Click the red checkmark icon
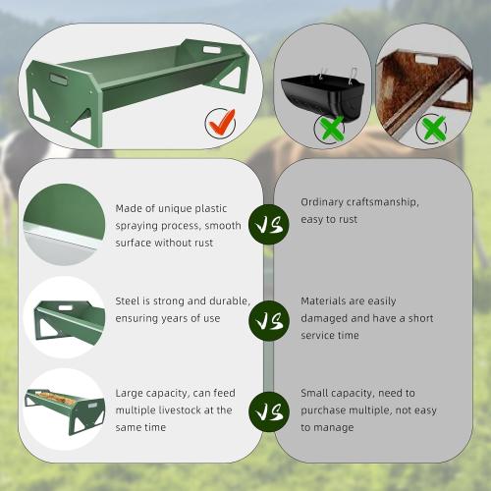(x=222, y=122)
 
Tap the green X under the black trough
(x=332, y=128)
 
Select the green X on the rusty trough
(x=433, y=128)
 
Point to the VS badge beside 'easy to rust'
(x=269, y=225)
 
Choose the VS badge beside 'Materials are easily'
(x=269, y=320)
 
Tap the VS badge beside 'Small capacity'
(x=269, y=411)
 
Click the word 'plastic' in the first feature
(x=210, y=209)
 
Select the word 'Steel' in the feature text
(x=128, y=300)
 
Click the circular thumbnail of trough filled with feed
(x=65, y=409)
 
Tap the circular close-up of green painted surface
(x=65, y=225)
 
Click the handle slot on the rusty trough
(x=427, y=60)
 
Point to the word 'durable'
(x=230, y=300)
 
